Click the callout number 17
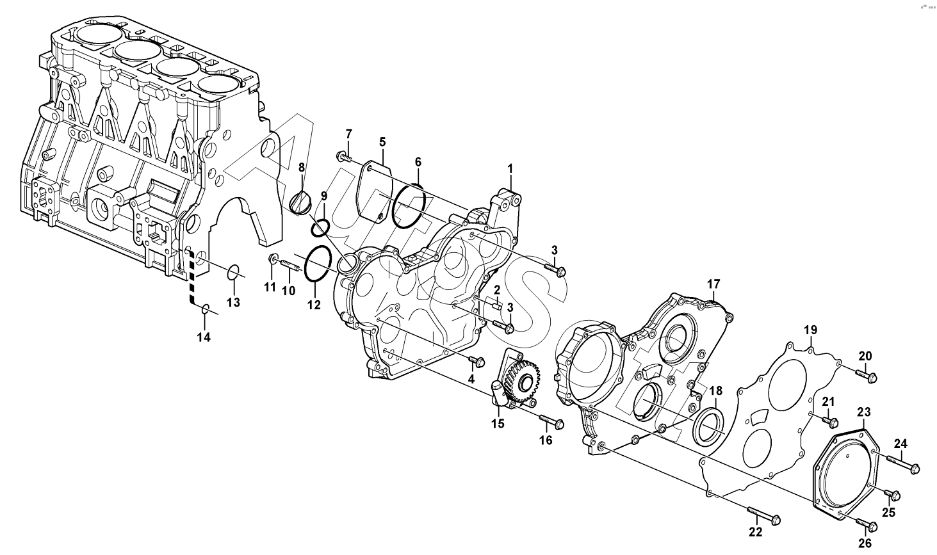click(713, 284)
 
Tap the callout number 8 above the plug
click(302, 168)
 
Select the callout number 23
click(864, 412)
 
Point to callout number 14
click(204, 337)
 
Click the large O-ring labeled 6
click(410, 205)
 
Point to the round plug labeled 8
click(300, 202)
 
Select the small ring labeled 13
click(233, 272)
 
